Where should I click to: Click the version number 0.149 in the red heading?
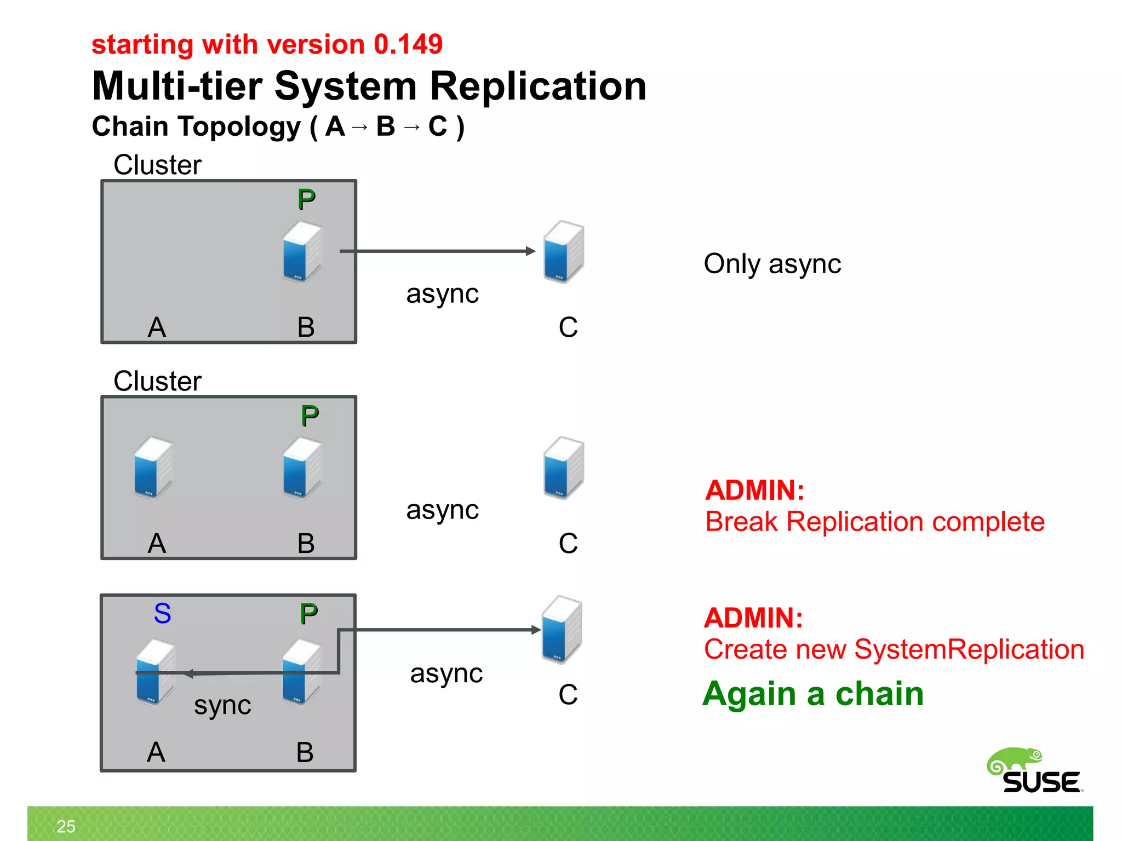point(408,44)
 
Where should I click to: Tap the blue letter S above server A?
point(162,613)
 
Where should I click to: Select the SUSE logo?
point(1035,771)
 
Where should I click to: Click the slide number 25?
point(66,826)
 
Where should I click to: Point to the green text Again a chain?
point(813,694)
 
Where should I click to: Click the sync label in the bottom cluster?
point(222,705)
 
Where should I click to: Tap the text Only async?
point(772,264)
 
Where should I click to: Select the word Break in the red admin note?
point(741,522)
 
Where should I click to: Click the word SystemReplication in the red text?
point(969,649)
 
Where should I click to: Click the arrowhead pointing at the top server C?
point(530,251)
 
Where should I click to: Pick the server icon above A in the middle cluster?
point(153,468)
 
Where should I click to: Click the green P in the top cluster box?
point(306,200)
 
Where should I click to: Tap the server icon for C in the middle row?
point(563,468)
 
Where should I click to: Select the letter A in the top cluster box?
point(157,327)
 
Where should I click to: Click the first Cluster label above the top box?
point(157,165)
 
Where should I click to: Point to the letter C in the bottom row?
point(568,694)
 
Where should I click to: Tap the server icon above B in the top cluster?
point(302,251)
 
